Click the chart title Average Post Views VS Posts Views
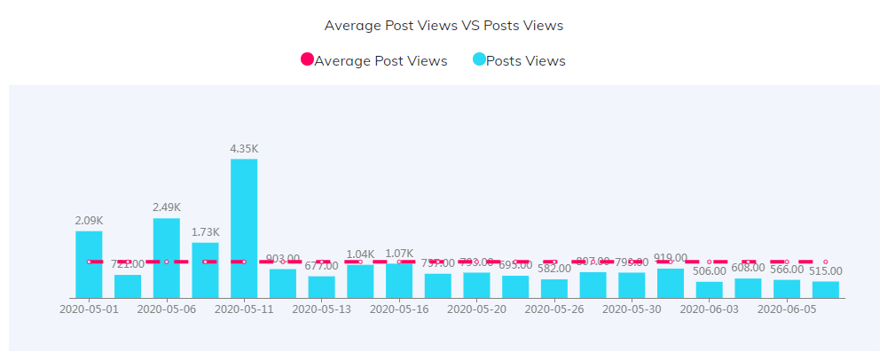(x=443, y=25)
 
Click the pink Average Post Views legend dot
(x=308, y=60)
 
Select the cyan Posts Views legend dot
(x=479, y=60)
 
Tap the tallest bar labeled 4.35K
(x=244, y=228)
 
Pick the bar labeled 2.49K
(x=167, y=258)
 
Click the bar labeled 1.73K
(x=205, y=270)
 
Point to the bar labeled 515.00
(x=826, y=289)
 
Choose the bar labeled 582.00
(x=554, y=288)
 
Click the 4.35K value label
(x=244, y=149)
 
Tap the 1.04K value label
(x=361, y=254)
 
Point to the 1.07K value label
(x=399, y=254)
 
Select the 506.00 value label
(x=710, y=271)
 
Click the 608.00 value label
(x=748, y=267)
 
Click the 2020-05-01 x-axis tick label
(x=89, y=309)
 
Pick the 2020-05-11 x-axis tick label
(x=244, y=309)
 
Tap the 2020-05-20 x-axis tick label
(x=477, y=309)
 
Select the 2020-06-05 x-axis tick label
(x=787, y=309)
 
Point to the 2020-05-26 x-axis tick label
(x=554, y=309)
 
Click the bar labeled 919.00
(x=671, y=283)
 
